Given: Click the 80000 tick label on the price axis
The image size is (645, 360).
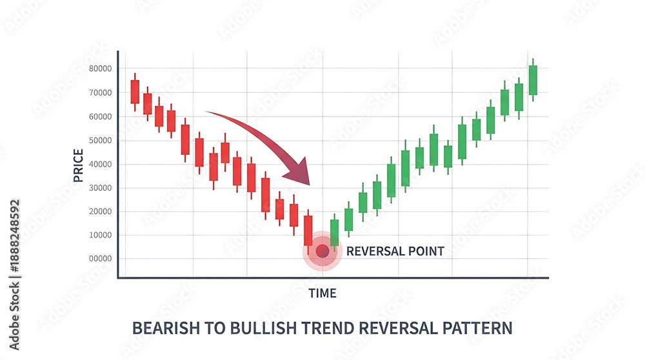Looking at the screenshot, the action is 101,68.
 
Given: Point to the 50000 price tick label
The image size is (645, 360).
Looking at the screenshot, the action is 101,140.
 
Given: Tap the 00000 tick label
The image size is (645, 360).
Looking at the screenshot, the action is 101,258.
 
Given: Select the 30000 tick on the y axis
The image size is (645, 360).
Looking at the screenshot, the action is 101,188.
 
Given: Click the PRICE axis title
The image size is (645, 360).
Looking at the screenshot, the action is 78,165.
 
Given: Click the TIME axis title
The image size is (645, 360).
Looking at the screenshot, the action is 322,294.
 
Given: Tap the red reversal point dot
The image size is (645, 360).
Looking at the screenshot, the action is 322,251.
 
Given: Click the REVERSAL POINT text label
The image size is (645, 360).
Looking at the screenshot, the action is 395,251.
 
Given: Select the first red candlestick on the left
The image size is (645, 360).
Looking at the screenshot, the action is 135,92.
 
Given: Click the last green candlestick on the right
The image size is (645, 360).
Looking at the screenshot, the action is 533,80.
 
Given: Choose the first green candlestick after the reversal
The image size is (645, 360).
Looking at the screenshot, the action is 334,233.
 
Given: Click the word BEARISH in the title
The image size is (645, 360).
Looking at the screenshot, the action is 166,328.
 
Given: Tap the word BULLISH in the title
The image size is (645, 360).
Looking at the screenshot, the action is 263,328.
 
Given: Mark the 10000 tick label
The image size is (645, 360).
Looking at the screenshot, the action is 101,235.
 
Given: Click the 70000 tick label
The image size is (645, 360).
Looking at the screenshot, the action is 101,93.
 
